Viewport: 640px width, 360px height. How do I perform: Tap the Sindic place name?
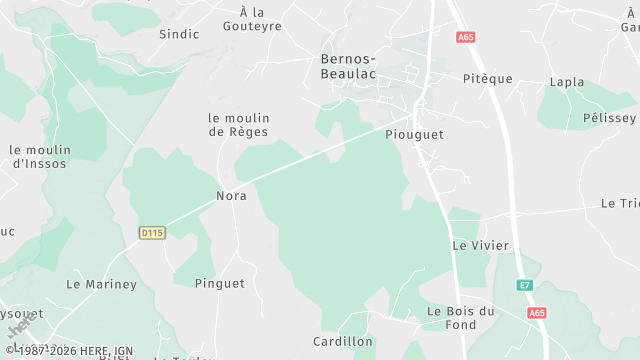click(179, 34)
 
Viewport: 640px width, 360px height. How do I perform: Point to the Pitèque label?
click(487, 79)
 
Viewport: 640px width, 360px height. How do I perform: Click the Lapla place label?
click(567, 82)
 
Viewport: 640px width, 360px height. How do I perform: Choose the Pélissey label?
click(609, 118)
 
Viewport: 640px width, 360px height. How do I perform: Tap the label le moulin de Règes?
click(238, 125)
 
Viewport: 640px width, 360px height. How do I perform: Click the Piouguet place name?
click(413, 133)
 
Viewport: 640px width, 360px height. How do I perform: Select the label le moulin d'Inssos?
click(38, 157)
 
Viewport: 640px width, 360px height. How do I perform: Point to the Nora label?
click(231, 196)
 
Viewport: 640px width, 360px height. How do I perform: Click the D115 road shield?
click(151, 233)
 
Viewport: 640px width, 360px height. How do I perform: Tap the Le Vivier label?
click(480, 245)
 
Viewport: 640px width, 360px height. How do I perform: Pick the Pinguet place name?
click(220, 284)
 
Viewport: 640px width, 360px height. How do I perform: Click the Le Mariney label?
click(101, 285)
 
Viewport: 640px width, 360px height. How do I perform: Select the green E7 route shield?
click(524, 286)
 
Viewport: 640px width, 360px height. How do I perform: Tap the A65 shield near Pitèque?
click(465, 38)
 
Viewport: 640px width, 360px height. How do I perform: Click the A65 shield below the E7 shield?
click(538, 313)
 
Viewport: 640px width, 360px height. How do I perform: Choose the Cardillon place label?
click(342, 342)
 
